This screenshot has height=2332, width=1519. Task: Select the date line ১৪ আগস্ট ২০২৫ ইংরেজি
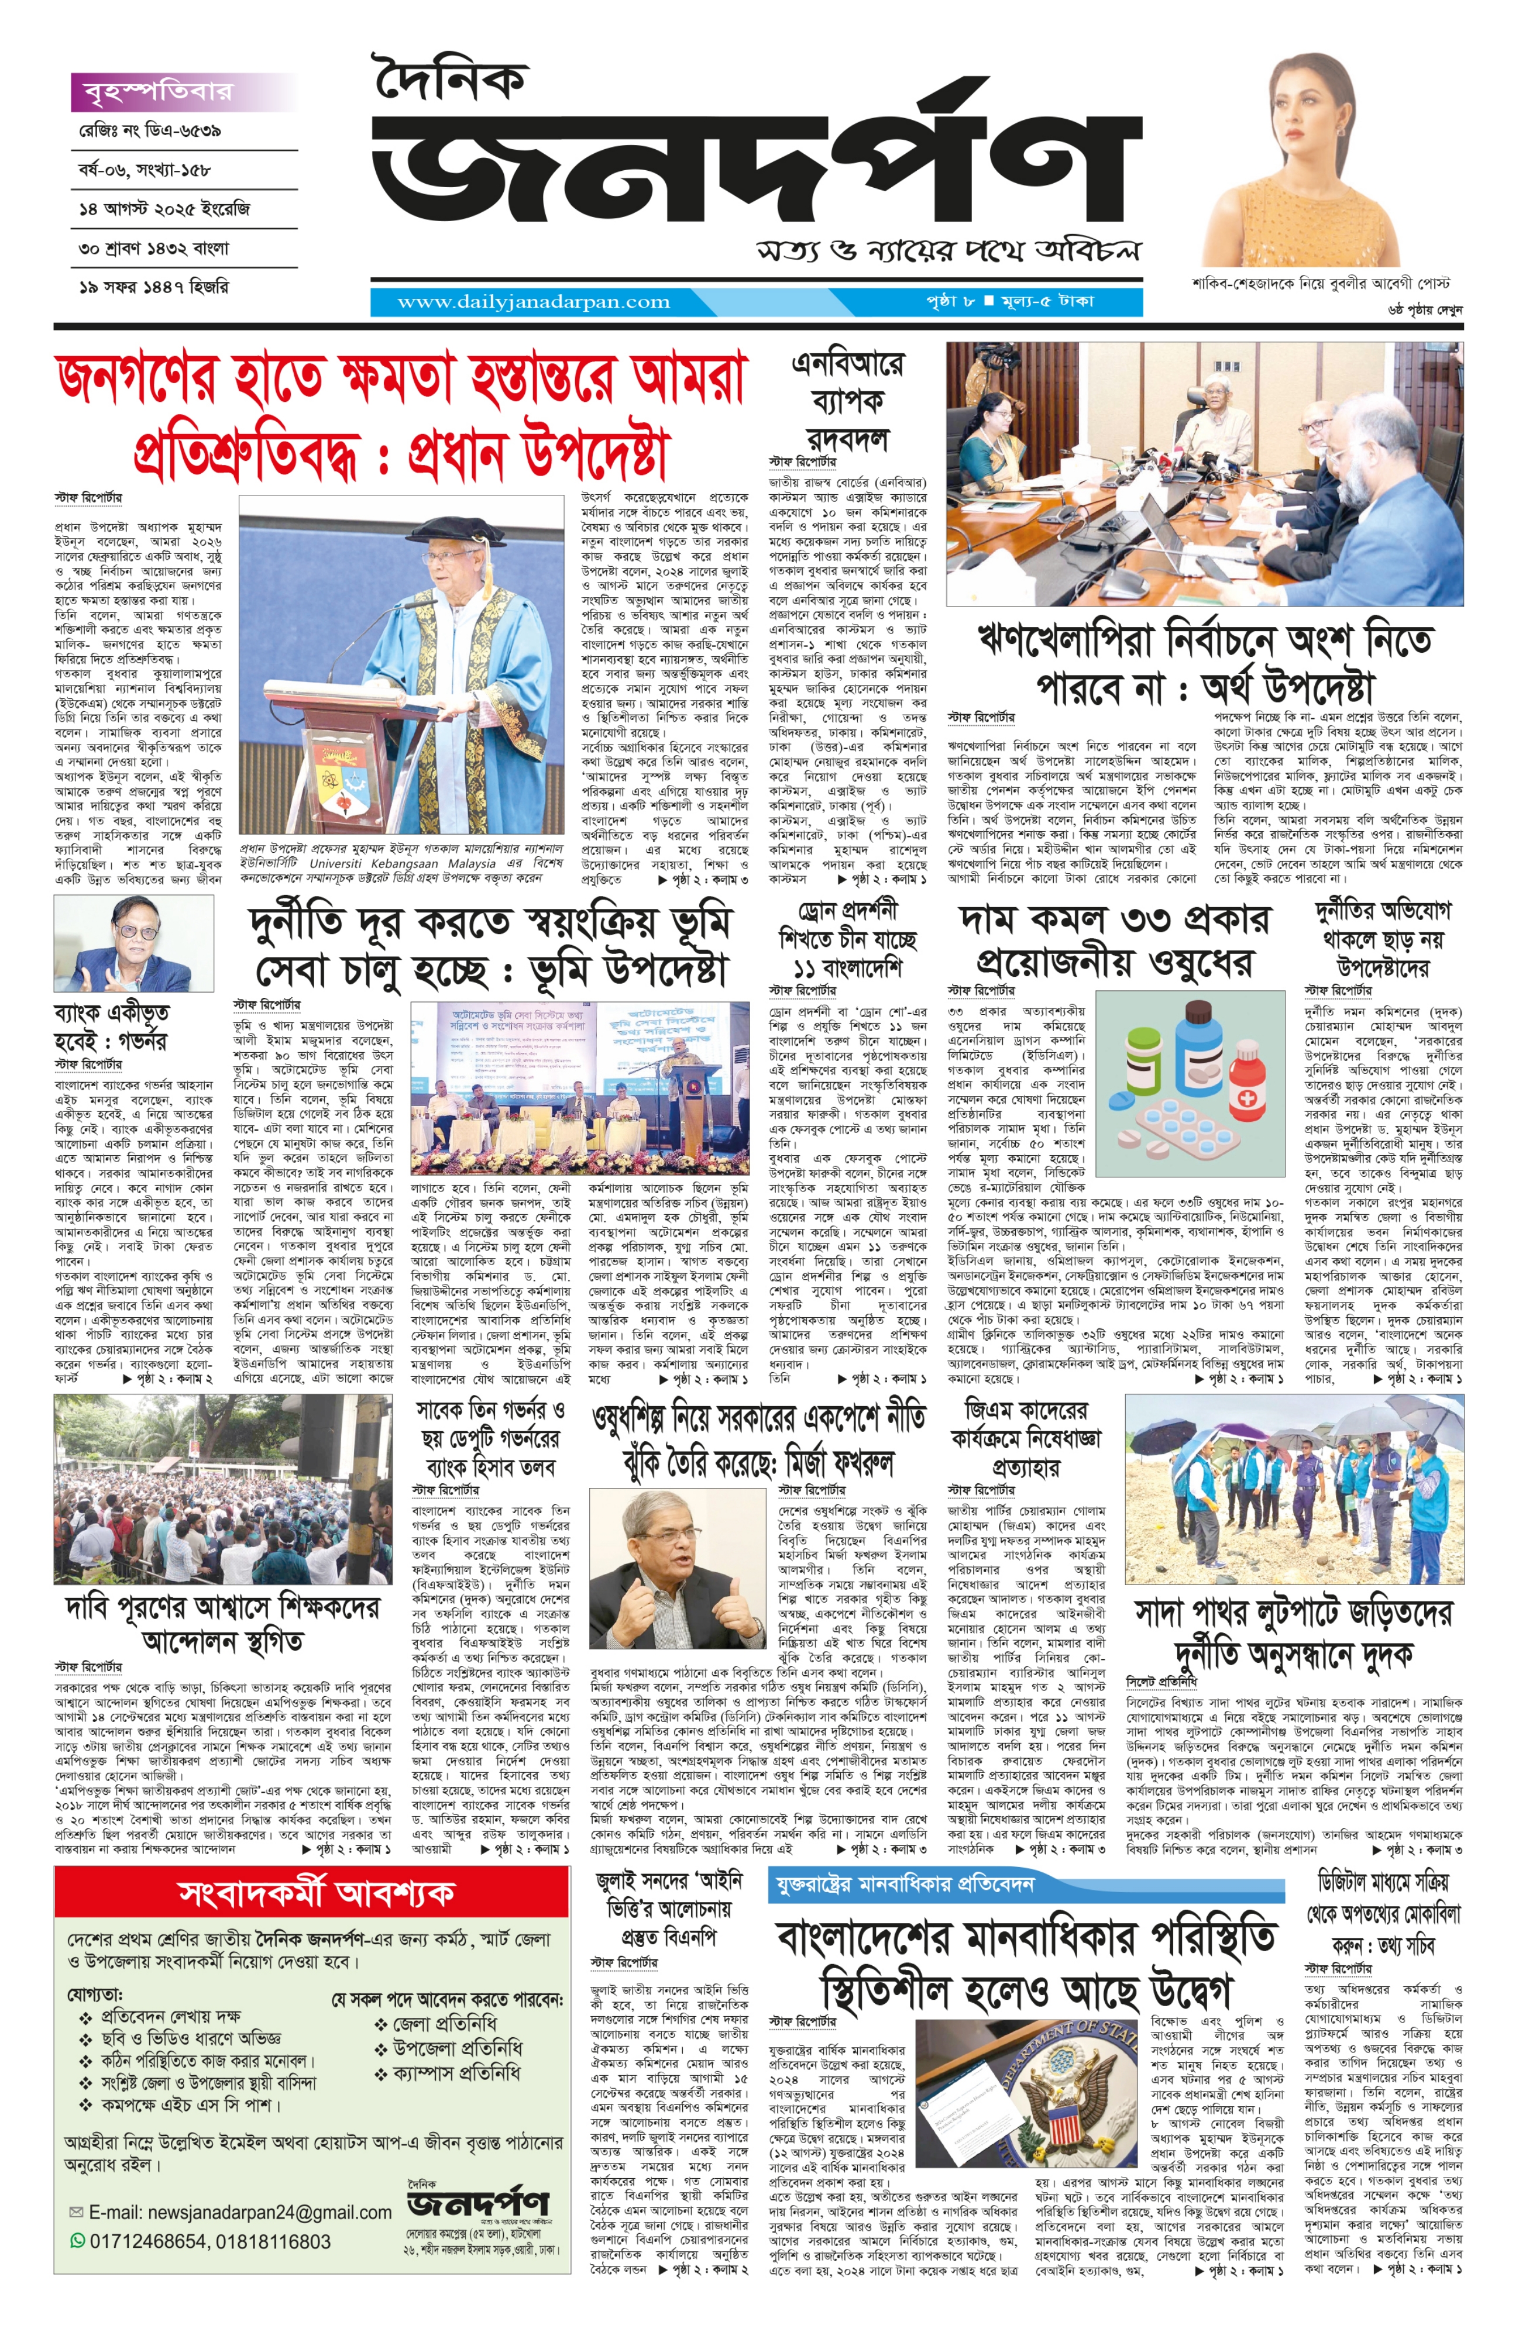click(164, 209)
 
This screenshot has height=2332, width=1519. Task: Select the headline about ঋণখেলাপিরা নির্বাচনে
click(1205, 663)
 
